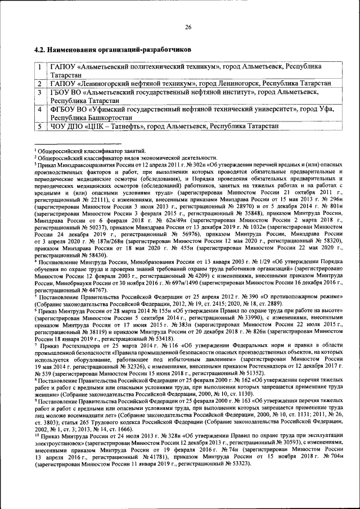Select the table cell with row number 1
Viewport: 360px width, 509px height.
[x=41, y=70]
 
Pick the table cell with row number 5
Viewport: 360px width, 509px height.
[x=41, y=127]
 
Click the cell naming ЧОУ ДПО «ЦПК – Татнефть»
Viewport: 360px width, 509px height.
[x=164, y=127]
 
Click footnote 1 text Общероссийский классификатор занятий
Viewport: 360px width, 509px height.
[x=91, y=150]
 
